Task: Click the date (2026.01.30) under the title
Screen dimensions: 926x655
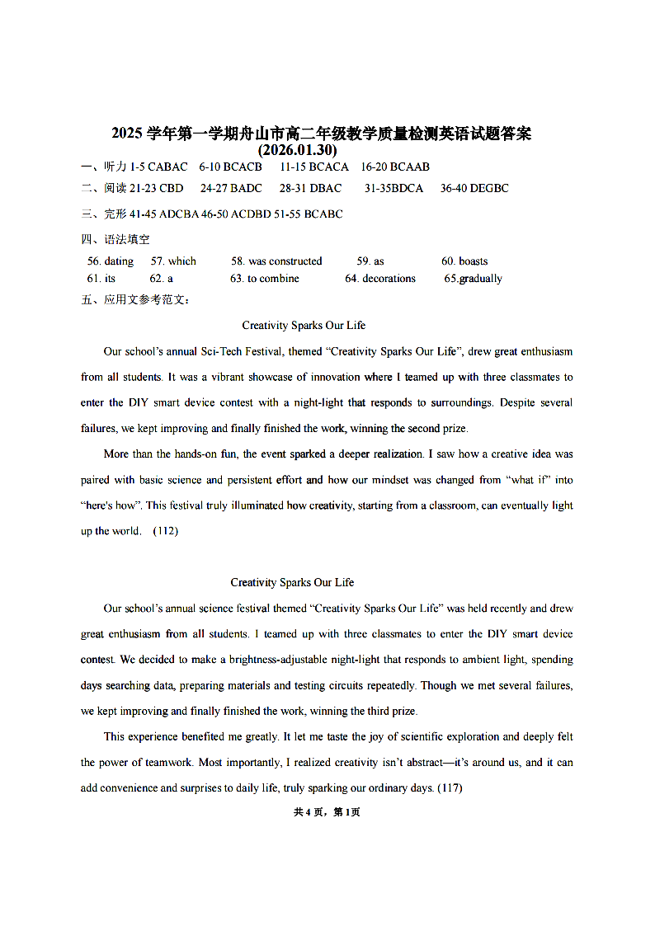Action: pos(297,150)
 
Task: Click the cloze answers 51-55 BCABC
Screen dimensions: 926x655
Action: pos(312,214)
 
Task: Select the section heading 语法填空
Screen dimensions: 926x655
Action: pos(127,239)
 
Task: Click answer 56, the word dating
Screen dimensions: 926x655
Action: pos(111,261)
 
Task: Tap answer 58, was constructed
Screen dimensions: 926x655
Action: pos(276,261)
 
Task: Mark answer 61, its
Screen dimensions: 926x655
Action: pos(101,279)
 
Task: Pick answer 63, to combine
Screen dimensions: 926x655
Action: pos(265,279)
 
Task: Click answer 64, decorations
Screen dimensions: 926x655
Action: pos(380,279)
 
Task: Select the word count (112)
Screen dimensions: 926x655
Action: pos(166,531)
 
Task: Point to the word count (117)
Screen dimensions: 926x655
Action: pos(450,788)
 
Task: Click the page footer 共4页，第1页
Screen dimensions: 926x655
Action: pos(327,812)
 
